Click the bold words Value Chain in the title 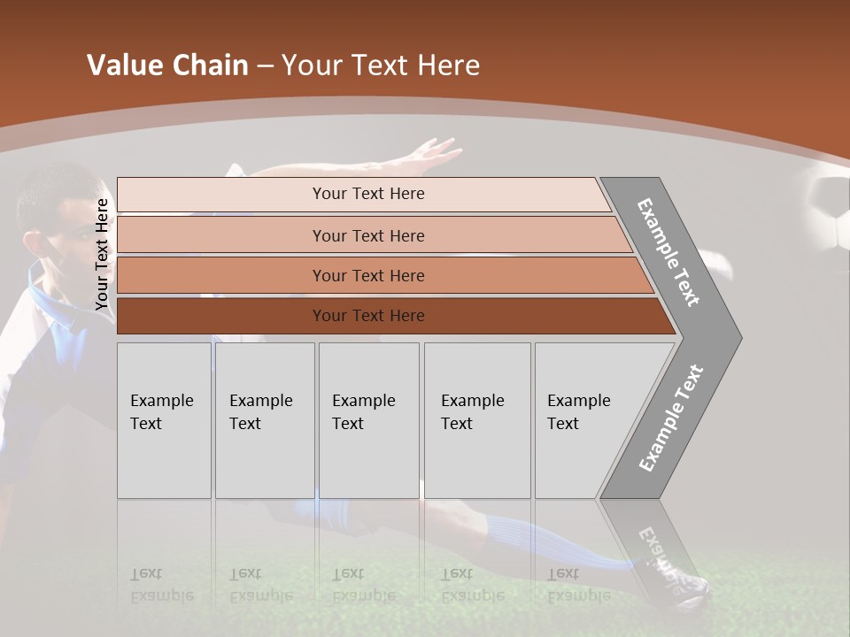click(167, 65)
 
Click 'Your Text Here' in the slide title click(381, 65)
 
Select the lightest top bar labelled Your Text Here click(367, 194)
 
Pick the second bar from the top click(367, 235)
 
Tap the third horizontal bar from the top click(367, 275)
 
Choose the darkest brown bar click(367, 316)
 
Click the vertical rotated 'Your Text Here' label click(102, 255)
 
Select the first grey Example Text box click(164, 420)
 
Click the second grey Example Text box click(264, 420)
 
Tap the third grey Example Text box click(368, 420)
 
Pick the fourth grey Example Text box click(476, 420)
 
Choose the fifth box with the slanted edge click(584, 420)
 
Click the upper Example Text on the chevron click(668, 252)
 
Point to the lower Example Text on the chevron click(670, 418)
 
